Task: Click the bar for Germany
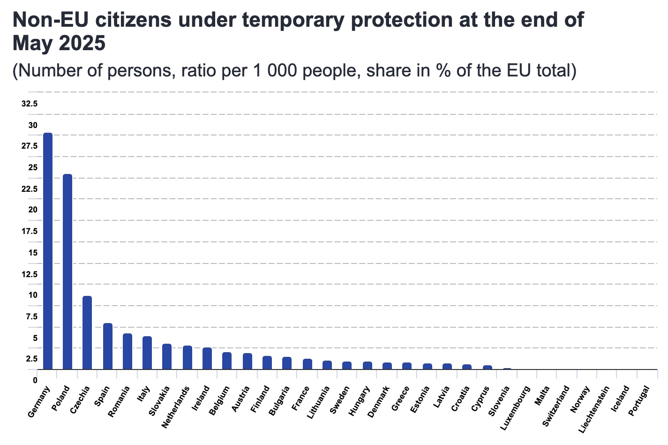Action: pyautogui.click(x=48, y=251)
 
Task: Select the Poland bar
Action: pyautogui.click(x=68, y=272)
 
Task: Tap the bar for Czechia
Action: pyautogui.click(x=87, y=332)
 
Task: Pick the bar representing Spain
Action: pyautogui.click(x=108, y=346)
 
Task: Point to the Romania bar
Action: pyautogui.click(x=128, y=351)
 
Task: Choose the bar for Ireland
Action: pyautogui.click(x=207, y=358)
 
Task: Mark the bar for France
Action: pyautogui.click(x=308, y=364)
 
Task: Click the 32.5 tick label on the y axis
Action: pyautogui.click(x=30, y=104)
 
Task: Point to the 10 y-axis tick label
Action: pyautogui.click(x=32, y=295)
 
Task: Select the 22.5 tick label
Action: pyautogui.click(x=30, y=189)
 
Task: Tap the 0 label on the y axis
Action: pyautogui.click(x=35, y=380)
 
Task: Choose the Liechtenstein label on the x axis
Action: pyautogui.click(x=595, y=409)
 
